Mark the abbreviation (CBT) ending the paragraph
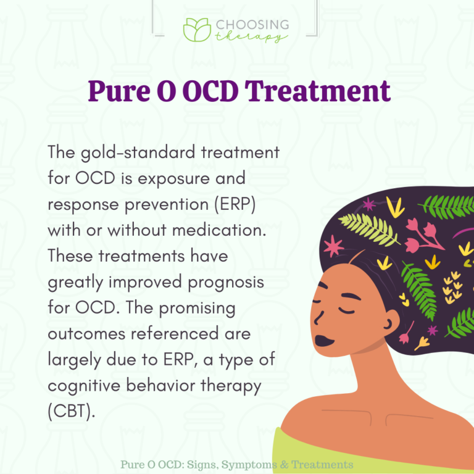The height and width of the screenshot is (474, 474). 71,412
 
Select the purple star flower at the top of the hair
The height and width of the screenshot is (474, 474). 369,204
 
